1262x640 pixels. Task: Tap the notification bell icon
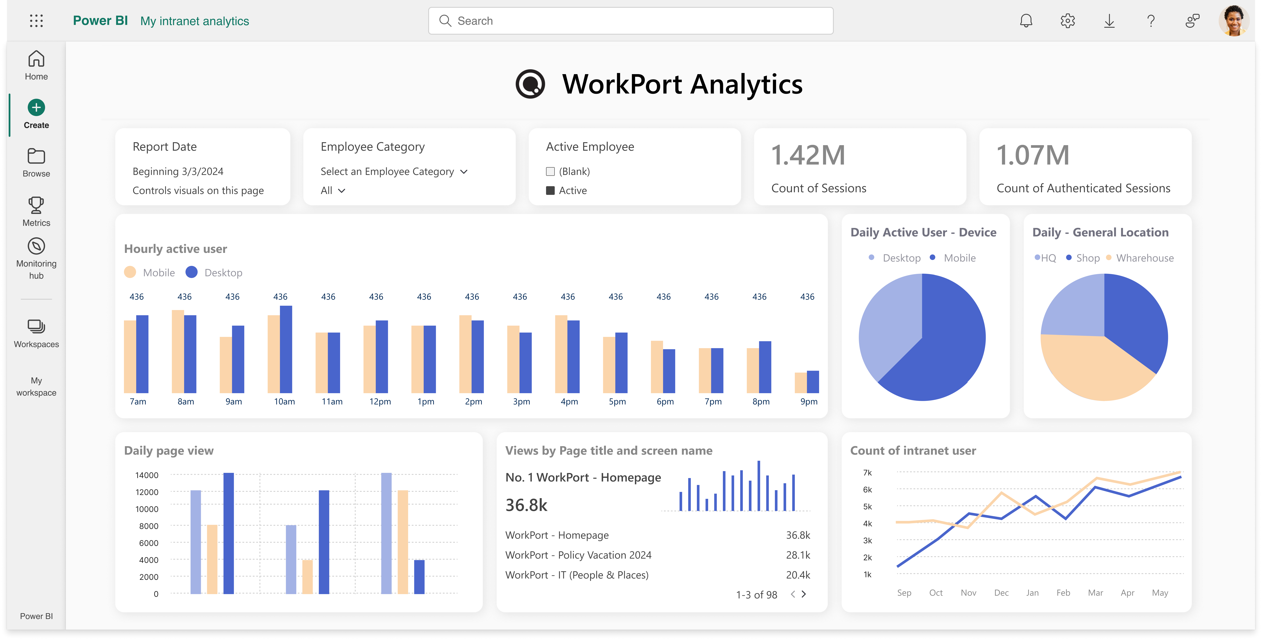click(1026, 21)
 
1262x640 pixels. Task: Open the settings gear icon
click(1067, 21)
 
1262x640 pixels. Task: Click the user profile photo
click(1233, 21)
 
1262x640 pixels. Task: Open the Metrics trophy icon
click(36, 205)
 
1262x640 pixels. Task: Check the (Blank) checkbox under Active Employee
click(550, 171)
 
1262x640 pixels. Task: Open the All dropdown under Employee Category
click(333, 191)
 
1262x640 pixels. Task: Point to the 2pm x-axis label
click(473, 401)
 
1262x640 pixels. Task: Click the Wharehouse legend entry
click(1144, 258)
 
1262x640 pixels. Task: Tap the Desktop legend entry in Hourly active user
click(223, 273)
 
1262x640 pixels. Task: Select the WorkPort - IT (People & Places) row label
click(577, 575)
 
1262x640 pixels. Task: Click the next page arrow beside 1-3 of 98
click(804, 594)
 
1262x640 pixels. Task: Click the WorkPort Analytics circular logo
click(530, 84)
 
